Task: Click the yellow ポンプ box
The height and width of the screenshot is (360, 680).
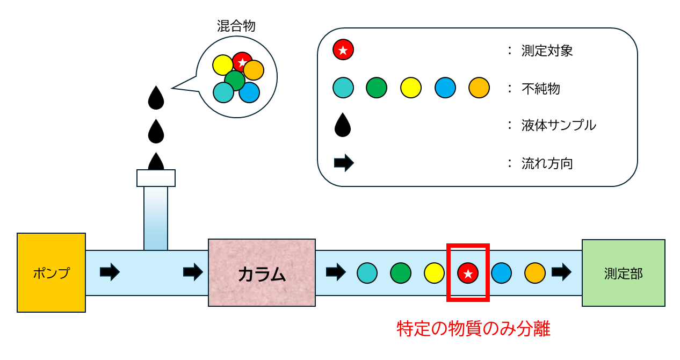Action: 52,272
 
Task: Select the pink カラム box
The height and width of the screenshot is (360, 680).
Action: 262,272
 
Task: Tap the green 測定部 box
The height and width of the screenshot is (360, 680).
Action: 624,273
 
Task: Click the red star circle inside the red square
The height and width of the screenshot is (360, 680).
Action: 468,273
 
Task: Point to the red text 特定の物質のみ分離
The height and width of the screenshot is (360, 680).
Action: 474,328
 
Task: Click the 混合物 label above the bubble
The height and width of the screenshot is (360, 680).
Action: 236,26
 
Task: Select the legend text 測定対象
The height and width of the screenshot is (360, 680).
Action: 547,51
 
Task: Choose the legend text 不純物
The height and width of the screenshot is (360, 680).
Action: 541,89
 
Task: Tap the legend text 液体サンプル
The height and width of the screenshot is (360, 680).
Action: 559,125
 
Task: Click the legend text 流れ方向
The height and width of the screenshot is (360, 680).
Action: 547,163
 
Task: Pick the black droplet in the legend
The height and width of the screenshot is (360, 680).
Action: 343,125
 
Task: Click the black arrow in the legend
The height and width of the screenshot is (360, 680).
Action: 344,163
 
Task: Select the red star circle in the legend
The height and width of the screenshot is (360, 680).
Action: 343,49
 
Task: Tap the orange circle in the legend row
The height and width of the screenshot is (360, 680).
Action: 479,88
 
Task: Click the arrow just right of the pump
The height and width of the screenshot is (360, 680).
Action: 110,272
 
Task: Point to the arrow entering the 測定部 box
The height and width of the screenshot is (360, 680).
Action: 561,272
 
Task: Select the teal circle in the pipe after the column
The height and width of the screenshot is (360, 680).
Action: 367,273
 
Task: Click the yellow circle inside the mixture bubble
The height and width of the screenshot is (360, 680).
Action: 222,65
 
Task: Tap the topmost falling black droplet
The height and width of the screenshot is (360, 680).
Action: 156,97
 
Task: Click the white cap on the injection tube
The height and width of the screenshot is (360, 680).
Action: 156,178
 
